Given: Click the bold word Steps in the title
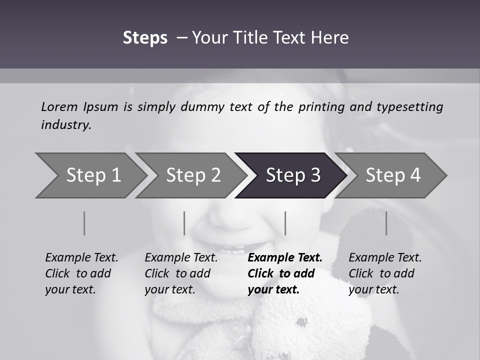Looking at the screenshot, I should click(145, 38).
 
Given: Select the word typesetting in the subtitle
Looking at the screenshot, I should click(409, 106).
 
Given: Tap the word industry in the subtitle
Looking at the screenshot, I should click(65, 124).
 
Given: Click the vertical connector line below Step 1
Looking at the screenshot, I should click(84, 223).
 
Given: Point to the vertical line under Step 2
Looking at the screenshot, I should click(184, 223).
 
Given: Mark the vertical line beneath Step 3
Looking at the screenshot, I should click(285, 223).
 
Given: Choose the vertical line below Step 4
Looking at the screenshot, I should click(386, 223).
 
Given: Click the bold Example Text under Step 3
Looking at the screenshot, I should click(285, 258).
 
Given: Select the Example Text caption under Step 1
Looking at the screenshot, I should click(81, 258).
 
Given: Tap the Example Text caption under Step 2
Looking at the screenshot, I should click(181, 258).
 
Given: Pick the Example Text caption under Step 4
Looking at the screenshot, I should click(385, 258).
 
